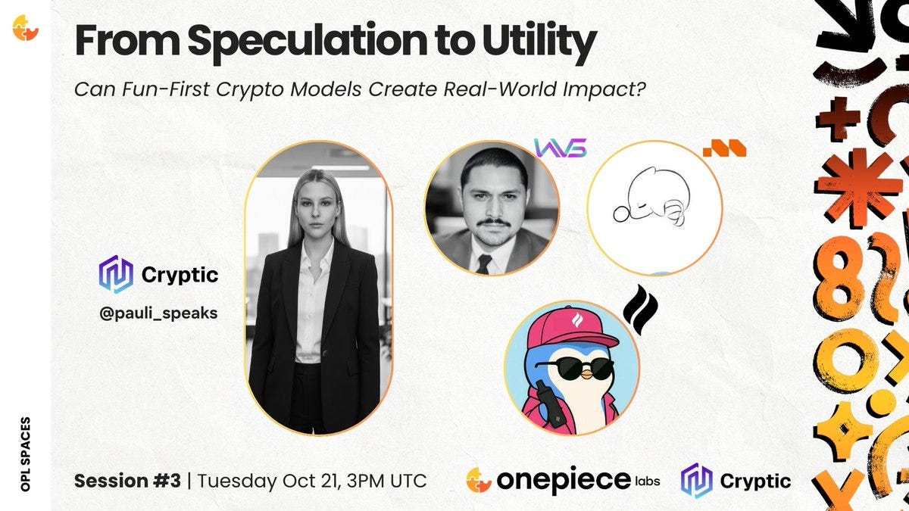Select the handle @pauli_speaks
click(x=158, y=313)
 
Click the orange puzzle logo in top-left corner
click(x=25, y=28)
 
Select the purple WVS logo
click(x=561, y=148)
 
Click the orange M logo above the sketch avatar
click(x=724, y=148)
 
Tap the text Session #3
click(x=127, y=481)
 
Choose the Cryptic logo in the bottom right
click(x=736, y=481)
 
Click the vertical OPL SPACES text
click(x=26, y=454)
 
